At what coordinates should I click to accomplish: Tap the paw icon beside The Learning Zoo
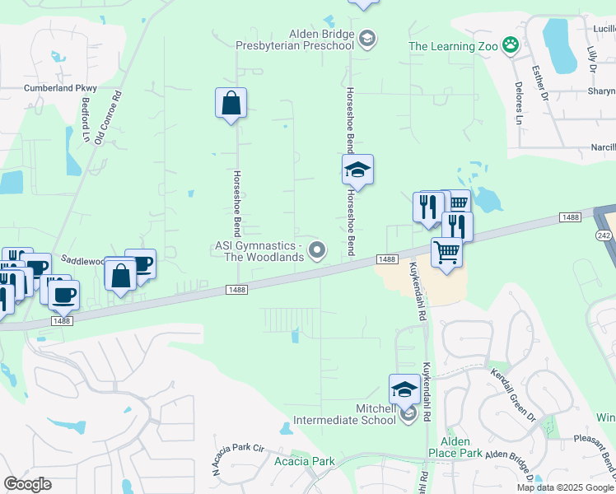511,45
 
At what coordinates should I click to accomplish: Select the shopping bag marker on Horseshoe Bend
231,104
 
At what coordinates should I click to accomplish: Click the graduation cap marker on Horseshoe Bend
357,170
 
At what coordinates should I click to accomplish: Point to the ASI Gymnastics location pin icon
316,249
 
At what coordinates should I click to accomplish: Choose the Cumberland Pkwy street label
60,88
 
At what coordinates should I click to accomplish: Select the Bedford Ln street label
86,119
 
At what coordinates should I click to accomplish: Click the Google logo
27,484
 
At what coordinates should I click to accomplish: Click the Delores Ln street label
520,108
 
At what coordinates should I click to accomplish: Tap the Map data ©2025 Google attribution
565,487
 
